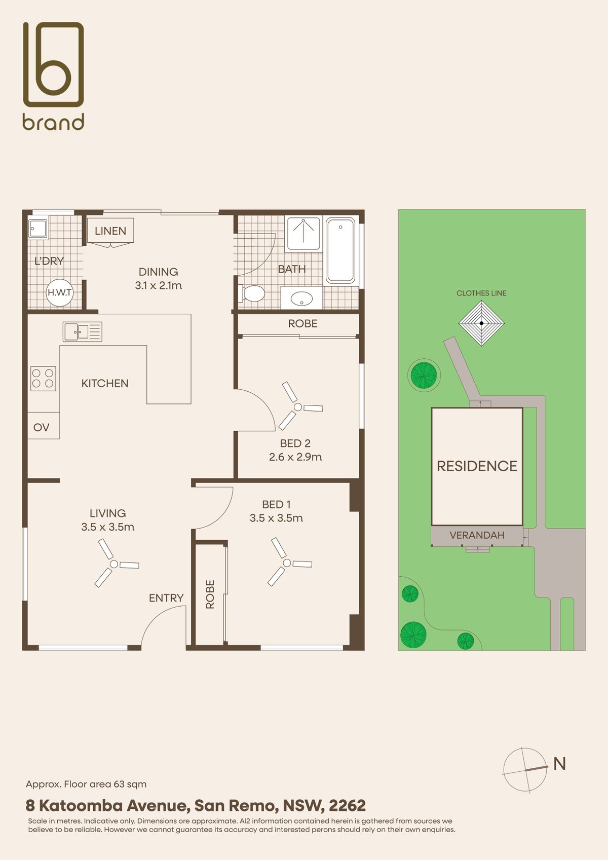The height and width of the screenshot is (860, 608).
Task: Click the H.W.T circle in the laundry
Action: (59, 292)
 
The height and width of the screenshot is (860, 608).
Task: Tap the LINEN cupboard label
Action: (110, 231)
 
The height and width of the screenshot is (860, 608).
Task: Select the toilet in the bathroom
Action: (252, 294)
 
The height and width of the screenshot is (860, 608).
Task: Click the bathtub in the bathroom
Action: (340, 250)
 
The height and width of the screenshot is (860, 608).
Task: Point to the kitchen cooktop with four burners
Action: (44, 379)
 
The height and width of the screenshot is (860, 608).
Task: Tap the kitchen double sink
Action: (83, 332)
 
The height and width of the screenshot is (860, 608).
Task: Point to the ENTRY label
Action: (166, 598)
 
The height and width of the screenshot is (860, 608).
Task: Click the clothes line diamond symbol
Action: (481, 323)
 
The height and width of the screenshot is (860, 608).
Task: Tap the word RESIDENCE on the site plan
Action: (477, 466)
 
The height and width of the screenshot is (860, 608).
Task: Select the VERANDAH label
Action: (477, 535)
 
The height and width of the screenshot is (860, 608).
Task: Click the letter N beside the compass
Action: (560, 764)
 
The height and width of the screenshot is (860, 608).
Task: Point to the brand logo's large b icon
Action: (53, 64)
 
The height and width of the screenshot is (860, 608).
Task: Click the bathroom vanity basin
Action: (301, 298)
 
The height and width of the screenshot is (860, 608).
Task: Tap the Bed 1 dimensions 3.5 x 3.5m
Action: (276, 518)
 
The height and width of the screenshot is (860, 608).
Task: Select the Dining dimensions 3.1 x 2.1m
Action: (158, 285)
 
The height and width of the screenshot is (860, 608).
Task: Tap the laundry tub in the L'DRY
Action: (38, 229)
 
